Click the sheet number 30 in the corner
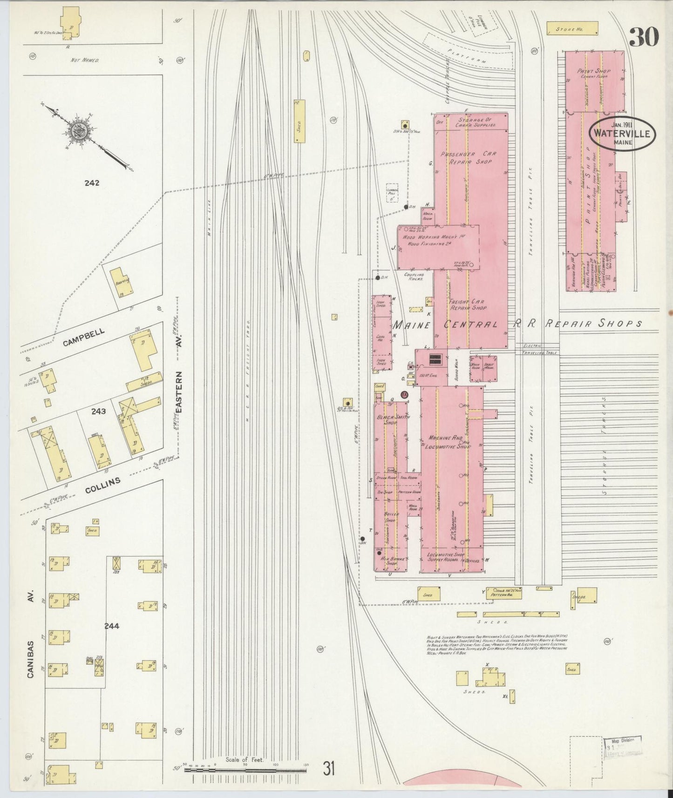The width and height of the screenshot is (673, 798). pyautogui.click(x=644, y=37)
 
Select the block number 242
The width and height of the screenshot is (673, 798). pyautogui.click(x=92, y=183)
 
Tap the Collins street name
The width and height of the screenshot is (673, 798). pyautogui.click(x=103, y=486)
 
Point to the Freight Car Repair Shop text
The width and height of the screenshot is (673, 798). pyautogui.click(x=468, y=304)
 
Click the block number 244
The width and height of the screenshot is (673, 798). pyautogui.click(x=112, y=626)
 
